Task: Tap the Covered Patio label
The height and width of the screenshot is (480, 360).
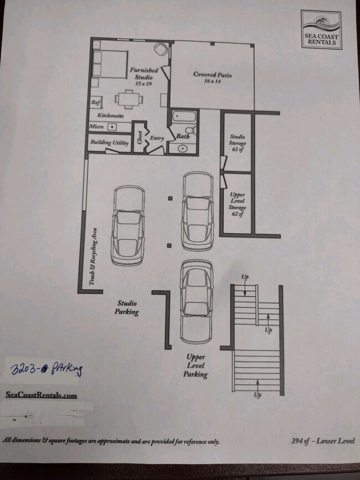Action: [x=212, y=77]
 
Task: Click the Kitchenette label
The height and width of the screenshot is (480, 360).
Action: [x=110, y=116]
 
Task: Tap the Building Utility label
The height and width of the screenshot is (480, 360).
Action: [x=110, y=143]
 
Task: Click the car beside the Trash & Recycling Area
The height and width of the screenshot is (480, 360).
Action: [x=128, y=225]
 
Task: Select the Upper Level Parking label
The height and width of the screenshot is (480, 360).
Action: [x=196, y=366]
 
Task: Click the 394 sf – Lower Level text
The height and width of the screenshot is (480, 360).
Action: [x=322, y=441]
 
